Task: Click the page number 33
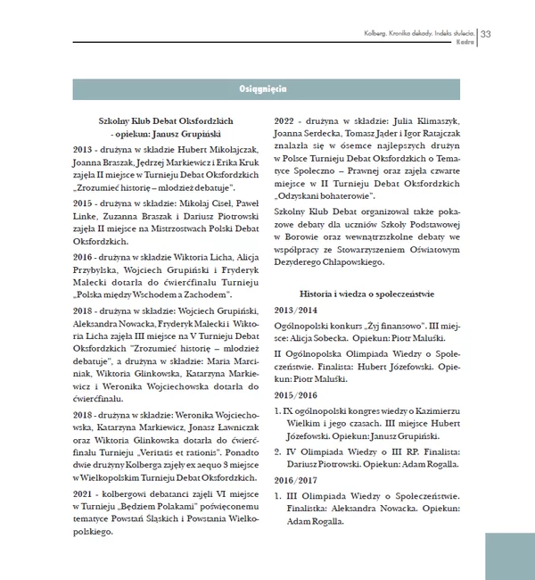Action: pos(487,34)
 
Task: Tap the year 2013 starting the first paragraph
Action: pos(86,149)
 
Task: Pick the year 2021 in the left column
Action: pos(86,493)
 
